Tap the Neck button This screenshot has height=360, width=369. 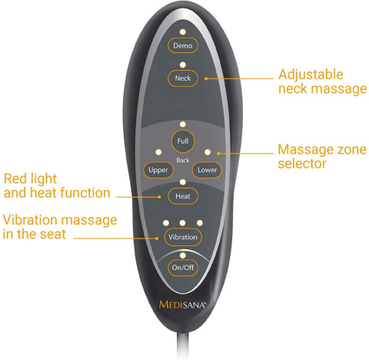tap(183, 78)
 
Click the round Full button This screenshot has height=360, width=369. tap(183, 141)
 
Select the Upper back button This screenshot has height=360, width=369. tap(158, 170)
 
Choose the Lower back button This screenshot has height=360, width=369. tap(207, 170)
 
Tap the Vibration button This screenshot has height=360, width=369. tap(183, 237)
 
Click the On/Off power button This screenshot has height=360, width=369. tap(183, 268)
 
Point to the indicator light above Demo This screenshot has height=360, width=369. tap(183, 32)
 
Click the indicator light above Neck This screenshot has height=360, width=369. tap(183, 65)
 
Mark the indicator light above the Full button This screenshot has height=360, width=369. tap(183, 125)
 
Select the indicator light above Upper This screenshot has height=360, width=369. tap(158, 152)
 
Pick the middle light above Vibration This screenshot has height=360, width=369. tap(182, 223)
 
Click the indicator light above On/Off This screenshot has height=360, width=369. tap(183, 255)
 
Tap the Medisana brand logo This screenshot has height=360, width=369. tap(182, 305)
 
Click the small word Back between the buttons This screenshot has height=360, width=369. tap(183, 161)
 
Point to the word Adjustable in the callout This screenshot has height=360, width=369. tap(311, 75)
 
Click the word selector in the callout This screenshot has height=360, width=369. tap(302, 163)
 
